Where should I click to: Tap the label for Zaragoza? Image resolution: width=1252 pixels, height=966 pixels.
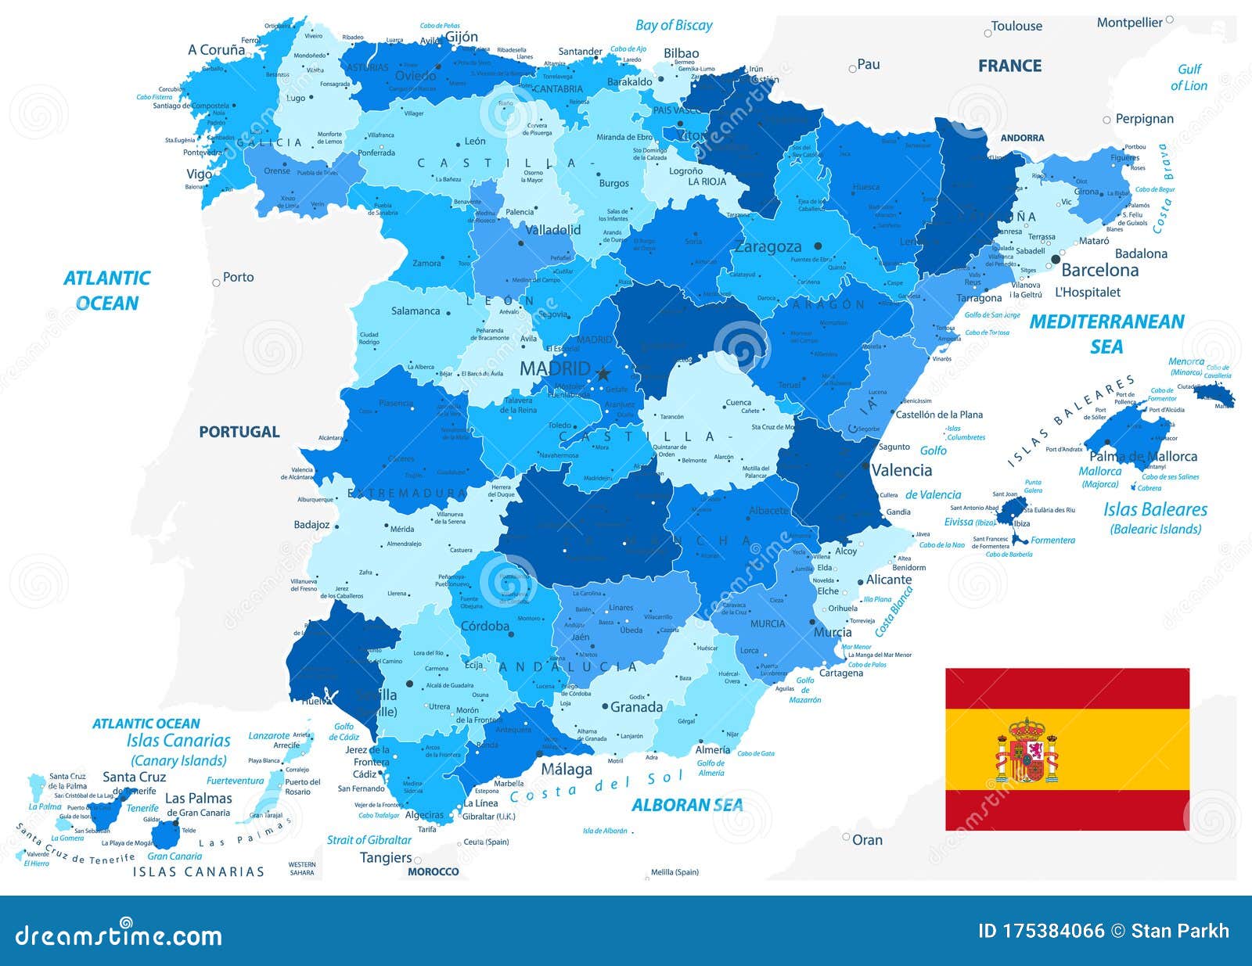coord(768,247)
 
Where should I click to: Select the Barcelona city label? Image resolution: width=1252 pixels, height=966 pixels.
coord(1099,271)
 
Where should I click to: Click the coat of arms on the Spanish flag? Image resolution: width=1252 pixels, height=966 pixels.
coord(1027,750)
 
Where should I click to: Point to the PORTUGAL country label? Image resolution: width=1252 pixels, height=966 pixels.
coord(239,432)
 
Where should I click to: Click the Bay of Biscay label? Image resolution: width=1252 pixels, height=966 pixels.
coord(674,25)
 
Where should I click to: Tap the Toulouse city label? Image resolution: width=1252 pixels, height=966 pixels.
coord(1016,27)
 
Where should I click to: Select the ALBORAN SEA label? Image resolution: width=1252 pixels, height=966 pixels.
coord(687,805)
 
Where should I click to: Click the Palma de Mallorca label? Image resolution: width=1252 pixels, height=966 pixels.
coord(1143,457)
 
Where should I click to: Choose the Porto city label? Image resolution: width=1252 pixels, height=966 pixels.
coord(238,277)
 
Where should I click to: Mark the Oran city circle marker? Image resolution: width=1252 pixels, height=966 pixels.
coord(846,837)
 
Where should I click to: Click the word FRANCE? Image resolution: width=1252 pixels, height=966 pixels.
coord(1009,66)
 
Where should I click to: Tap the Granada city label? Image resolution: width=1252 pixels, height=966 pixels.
coord(636,707)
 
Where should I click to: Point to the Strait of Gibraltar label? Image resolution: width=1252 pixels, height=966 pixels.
coord(369,840)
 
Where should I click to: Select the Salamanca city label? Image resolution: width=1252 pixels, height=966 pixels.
coord(416,311)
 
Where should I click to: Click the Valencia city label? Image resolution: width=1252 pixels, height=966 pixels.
coord(901,470)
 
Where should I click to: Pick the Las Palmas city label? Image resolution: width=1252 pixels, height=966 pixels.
coord(199,799)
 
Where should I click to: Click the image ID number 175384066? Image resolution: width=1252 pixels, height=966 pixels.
coord(1053,931)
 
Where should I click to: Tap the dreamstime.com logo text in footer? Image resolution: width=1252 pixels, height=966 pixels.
coord(118,935)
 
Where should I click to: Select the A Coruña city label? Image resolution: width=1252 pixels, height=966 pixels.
coord(217,50)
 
